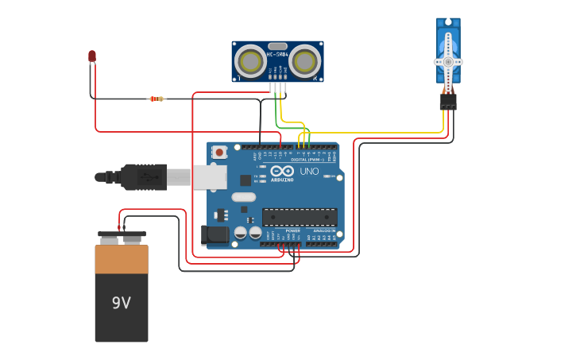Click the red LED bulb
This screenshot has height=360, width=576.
coord(92,56)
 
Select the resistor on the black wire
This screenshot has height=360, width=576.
coord(157,99)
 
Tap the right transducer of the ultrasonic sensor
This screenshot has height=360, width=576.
coord(304,60)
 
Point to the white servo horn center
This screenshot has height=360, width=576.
coord(448,61)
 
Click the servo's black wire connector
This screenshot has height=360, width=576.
coord(448,101)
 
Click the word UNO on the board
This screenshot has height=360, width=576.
coord(309,172)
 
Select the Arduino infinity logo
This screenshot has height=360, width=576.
coord(282,171)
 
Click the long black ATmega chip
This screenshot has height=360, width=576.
coord(300,217)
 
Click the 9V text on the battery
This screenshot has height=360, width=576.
coord(121,303)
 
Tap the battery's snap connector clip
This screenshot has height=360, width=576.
coord(122,237)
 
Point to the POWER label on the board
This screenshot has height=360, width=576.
coord(281,230)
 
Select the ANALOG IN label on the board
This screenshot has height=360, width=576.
coord(322,230)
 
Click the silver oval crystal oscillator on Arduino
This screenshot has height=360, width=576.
coord(244,197)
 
